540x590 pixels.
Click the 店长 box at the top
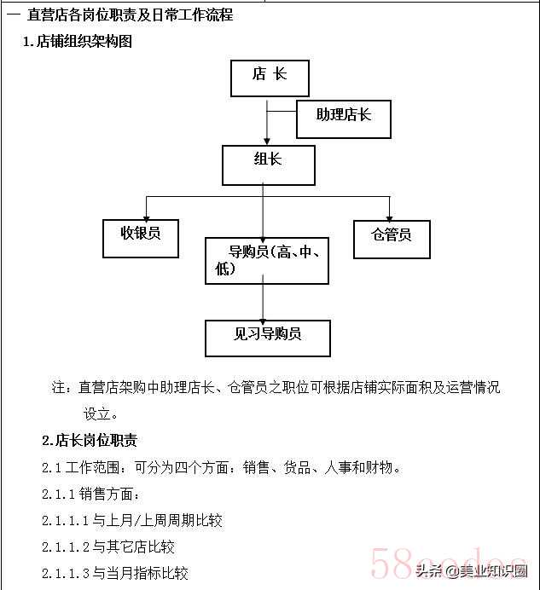coord(270,78)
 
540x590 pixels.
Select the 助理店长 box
coord(344,119)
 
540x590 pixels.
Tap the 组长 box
coord(269,165)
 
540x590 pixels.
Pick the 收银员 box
coord(141,239)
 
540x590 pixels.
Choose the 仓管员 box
coord(392,240)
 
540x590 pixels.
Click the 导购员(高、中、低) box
coord(267,260)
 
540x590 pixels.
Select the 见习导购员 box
coord(267,338)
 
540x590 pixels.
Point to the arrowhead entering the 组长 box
coord(267,142)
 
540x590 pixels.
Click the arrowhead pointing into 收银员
coord(146,218)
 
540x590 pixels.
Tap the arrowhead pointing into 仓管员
coord(389,218)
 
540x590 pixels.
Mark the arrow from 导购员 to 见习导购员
coord(263,298)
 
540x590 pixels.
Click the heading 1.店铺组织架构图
coord(78,42)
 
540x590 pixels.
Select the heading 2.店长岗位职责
coord(90,440)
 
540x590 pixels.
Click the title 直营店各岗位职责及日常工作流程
coord(131,15)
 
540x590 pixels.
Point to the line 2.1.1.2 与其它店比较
coord(108,547)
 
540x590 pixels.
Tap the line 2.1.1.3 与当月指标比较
coord(115,573)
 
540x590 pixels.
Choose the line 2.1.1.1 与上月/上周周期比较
coord(131,520)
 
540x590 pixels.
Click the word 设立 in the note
coord(96,414)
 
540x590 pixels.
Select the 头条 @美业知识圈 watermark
coord(472,571)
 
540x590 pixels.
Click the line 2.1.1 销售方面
coord(90,494)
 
